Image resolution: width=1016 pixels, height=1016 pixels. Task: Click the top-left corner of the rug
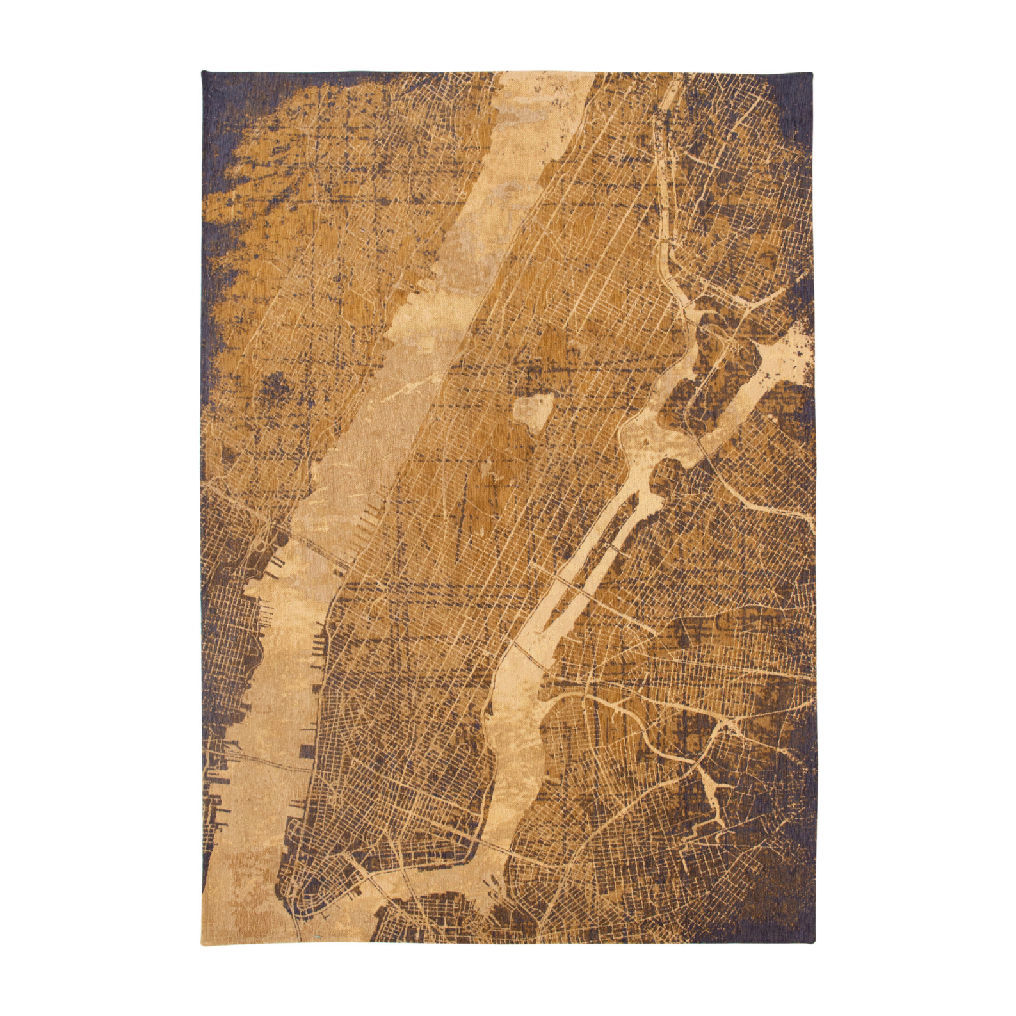point(202,72)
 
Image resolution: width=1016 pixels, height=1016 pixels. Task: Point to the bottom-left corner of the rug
point(202,942)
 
